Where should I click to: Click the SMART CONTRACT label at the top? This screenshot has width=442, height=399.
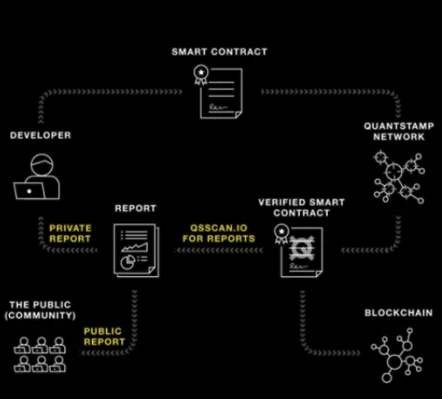pyautogui.click(x=219, y=52)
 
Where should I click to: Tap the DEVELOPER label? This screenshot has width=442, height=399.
pyautogui.click(x=40, y=135)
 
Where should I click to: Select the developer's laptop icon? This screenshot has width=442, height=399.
pyautogui.click(x=29, y=191)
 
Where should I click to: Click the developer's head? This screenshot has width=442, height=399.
pyautogui.click(x=42, y=164)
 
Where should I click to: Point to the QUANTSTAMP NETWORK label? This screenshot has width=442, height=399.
pyautogui.click(x=399, y=131)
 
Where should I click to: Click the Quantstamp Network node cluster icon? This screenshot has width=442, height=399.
pyautogui.click(x=399, y=177)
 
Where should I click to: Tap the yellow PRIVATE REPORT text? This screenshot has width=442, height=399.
pyautogui.click(x=70, y=233)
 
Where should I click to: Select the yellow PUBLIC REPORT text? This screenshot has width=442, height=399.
pyautogui.click(x=104, y=336)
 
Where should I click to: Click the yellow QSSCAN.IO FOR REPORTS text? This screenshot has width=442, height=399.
pyautogui.click(x=219, y=233)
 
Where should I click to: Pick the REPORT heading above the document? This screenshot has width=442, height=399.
pyautogui.click(x=135, y=208)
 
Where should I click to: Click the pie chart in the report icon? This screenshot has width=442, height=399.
pyautogui.click(x=128, y=262)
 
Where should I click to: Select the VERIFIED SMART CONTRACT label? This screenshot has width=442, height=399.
pyautogui.click(x=302, y=208)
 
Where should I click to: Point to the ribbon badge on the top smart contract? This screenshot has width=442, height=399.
pyautogui.click(x=201, y=75)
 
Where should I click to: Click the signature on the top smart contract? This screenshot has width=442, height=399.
pyautogui.click(x=218, y=107)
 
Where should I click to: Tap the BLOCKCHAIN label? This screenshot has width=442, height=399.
pyautogui.click(x=399, y=313)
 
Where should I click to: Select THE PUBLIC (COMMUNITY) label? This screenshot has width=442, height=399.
pyautogui.click(x=40, y=310)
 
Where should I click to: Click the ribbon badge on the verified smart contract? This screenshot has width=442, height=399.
pyautogui.click(x=281, y=234)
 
